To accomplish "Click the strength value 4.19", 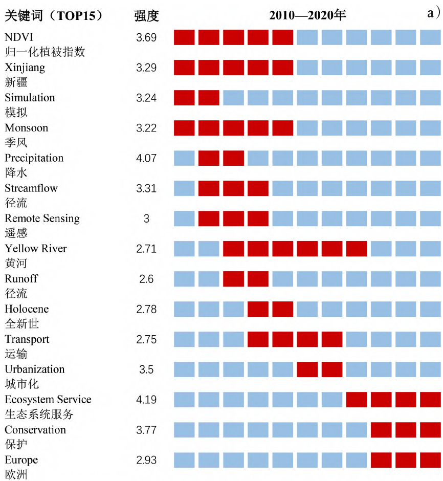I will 146,400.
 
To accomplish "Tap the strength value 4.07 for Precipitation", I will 146,158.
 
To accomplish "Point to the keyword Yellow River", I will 36,249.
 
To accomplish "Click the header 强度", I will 147,16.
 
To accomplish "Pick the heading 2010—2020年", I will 307,15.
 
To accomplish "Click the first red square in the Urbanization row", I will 307,369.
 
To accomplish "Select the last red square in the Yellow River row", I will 357,249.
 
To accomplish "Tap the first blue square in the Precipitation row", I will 184,158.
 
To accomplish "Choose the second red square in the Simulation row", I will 209,98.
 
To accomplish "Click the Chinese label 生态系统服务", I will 39,414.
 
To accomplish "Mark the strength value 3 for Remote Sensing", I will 146,218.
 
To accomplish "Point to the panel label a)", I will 434,14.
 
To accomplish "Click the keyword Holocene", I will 27,309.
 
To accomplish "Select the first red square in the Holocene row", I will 258,309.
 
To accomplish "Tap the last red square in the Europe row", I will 430,460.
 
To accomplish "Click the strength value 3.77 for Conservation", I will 146,430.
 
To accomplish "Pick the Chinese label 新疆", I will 16,82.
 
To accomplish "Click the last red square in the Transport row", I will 332,339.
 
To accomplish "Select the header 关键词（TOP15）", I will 54,16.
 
